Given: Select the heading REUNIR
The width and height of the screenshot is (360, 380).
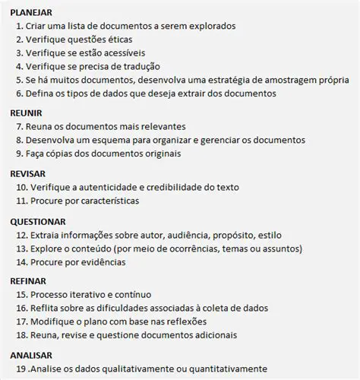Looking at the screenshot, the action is click(x=26, y=112).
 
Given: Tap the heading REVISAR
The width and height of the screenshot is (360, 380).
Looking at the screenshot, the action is click(x=27, y=173).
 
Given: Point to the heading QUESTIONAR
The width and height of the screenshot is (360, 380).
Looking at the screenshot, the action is click(x=38, y=222).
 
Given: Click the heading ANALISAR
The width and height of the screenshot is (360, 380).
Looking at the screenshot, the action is click(x=30, y=355).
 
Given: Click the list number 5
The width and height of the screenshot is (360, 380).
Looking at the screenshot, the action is click(x=19, y=80).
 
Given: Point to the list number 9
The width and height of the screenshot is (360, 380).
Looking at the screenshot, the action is click(x=19, y=154).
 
